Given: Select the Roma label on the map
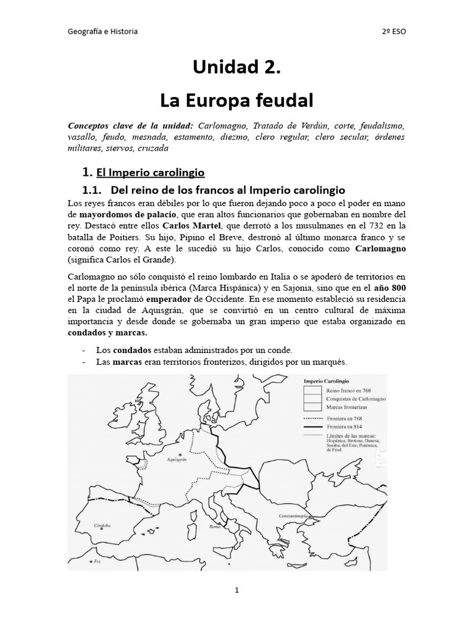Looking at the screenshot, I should coord(215,527).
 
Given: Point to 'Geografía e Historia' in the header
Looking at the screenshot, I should coord(102,31).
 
